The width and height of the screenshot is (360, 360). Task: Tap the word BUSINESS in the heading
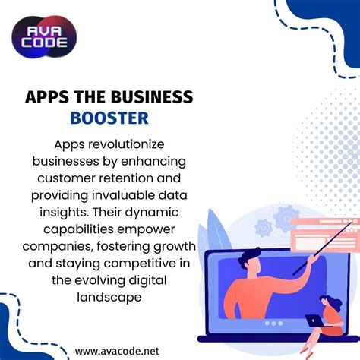coord(158,97)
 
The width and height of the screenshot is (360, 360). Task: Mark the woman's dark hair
coord(327,302)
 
